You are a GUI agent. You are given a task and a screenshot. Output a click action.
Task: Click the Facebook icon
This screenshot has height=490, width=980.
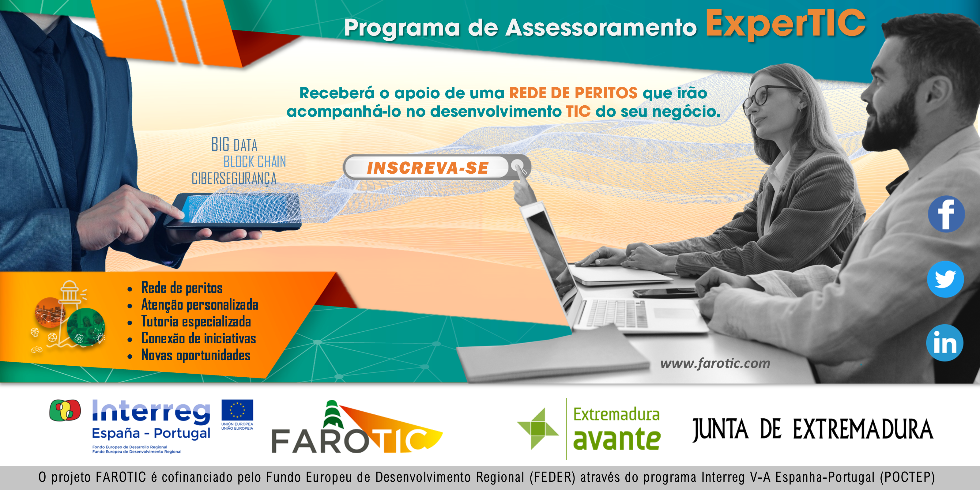pos(946,214)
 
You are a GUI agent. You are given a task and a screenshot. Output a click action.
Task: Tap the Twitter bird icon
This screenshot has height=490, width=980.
pos(945,279)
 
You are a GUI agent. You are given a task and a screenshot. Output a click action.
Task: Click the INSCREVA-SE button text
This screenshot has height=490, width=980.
pos(428,168)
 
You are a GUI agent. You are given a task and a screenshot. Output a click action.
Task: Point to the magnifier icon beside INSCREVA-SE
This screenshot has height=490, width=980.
pos(518,166)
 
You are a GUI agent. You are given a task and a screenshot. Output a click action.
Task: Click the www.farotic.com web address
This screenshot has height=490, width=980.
pos(715,363)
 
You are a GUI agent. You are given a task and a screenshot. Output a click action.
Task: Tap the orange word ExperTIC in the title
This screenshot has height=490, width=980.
pos(786,24)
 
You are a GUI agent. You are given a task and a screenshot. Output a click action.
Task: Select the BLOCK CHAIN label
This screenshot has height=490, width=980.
pos(254,162)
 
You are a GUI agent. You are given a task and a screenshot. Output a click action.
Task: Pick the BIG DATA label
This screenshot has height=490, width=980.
pos(234,145)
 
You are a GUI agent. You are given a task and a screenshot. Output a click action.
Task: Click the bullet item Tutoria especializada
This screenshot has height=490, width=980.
pos(196,322)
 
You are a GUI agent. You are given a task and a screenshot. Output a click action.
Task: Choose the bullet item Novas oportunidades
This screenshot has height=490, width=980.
pos(196,355)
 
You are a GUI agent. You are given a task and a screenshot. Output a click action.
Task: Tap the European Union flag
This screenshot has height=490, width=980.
pos(237,410)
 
